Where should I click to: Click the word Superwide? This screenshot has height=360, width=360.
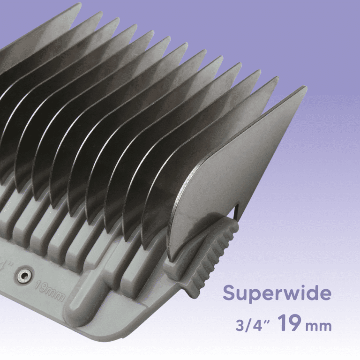click(x=277, y=293)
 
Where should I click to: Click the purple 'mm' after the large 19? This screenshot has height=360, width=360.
click(x=318, y=326)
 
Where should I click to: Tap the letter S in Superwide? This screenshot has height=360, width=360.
click(x=228, y=293)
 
